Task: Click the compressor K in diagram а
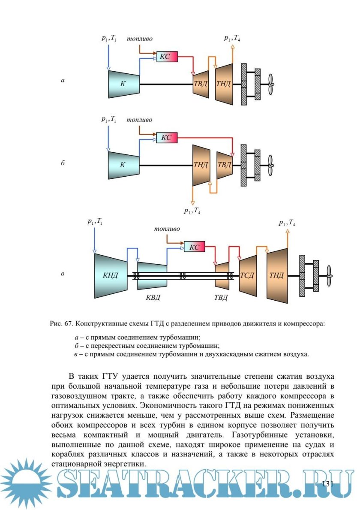(124, 84)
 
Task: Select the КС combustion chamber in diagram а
(167, 56)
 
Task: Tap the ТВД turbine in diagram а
(201, 84)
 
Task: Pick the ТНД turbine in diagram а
(224, 84)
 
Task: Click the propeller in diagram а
(270, 84)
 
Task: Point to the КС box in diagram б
(167, 138)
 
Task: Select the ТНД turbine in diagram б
(201, 165)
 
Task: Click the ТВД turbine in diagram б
(224, 165)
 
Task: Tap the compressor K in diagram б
(123, 165)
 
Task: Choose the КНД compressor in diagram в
(110, 275)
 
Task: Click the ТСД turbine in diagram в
(248, 275)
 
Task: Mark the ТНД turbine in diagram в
(276, 275)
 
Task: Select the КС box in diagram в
(195, 247)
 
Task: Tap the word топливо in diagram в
(167, 229)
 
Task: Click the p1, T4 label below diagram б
(192, 211)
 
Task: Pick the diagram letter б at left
(63, 163)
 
